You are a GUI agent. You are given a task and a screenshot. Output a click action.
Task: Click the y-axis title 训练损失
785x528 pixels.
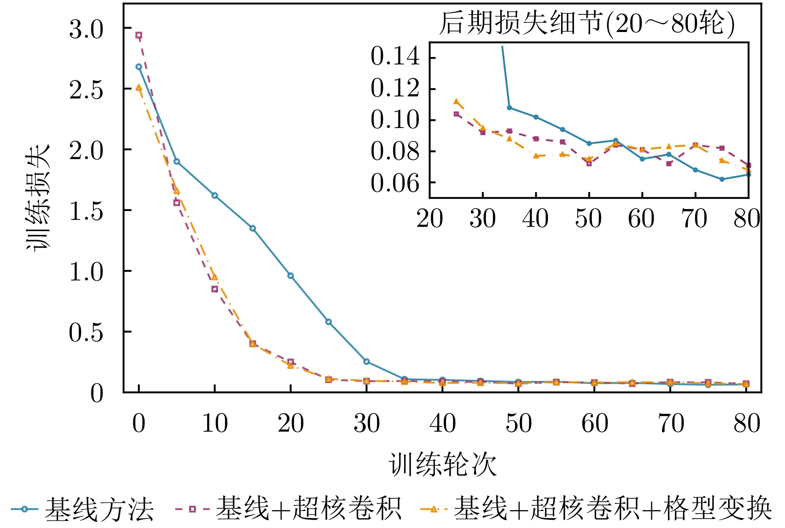point(37,197)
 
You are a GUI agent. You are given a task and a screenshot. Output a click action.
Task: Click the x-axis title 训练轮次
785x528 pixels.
point(442,464)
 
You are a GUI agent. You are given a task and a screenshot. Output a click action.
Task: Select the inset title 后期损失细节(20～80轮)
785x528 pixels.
point(587,23)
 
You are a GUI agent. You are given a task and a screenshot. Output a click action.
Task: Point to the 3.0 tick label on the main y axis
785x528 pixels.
point(86,30)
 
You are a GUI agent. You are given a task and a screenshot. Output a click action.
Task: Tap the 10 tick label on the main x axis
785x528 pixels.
point(215,424)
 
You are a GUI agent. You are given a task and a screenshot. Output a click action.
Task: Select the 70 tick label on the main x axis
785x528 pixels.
point(671,424)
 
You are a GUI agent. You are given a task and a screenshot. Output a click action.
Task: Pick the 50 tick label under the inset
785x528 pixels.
point(589,219)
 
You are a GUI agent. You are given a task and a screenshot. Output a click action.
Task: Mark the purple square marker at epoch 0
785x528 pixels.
point(139,35)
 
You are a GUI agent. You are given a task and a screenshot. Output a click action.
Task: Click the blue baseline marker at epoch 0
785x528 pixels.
point(139,66)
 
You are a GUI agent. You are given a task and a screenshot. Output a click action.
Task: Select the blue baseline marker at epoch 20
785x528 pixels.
point(290,276)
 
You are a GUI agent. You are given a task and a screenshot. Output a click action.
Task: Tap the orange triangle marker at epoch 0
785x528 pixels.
point(139,88)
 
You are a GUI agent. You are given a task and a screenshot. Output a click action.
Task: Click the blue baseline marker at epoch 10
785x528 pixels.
point(215,195)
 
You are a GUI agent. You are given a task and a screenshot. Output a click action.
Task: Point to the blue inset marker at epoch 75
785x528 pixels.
point(722,179)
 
